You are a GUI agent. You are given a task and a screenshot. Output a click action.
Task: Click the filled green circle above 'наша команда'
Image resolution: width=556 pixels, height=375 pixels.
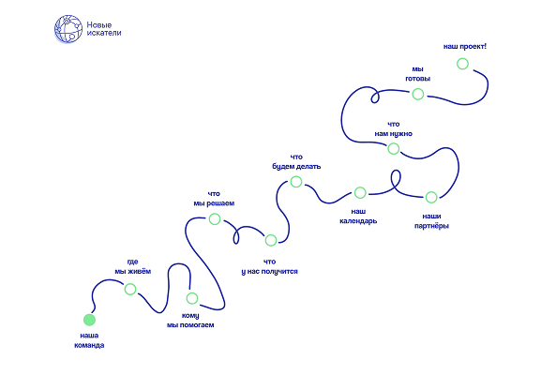pyautogui.click(x=89, y=320)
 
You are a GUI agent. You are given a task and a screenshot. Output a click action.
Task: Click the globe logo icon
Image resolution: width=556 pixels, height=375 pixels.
pyautogui.click(x=68, y=29)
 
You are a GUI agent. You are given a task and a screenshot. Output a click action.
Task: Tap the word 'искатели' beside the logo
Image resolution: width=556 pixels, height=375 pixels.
pyautogui.click(x=104, y=33)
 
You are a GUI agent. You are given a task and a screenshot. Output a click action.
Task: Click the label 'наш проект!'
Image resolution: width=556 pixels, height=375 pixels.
pyautogui.click(x=465, y=47)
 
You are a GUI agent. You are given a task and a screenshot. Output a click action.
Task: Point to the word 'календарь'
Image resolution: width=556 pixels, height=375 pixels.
pyautogui.click(x=358, y=221)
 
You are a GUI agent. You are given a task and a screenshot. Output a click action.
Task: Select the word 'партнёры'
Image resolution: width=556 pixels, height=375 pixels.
pyautogui.click(x=431, y=226)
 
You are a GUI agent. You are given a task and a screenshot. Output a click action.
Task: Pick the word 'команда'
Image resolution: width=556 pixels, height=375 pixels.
pyautogui.click(x=89, y=345)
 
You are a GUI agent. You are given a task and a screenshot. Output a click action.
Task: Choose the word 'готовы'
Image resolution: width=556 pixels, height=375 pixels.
pyautogui.click(x=418, y=79)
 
